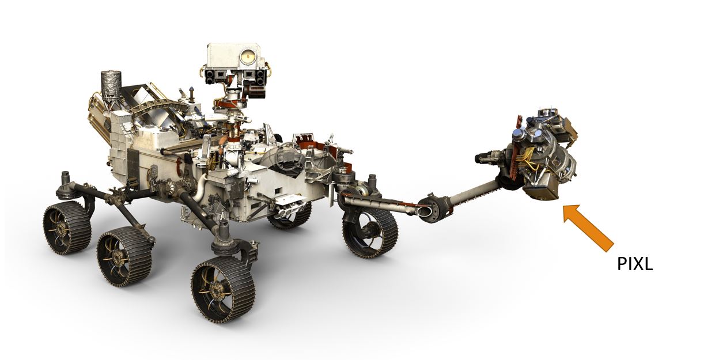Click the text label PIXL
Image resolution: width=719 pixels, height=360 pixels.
click(x=634, y=264)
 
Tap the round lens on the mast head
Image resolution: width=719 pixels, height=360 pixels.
click(x=248, y=56)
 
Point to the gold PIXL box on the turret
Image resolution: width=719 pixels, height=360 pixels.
click(x=542, y=190)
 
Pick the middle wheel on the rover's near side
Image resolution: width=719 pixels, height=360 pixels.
click(x=124, y=256)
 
